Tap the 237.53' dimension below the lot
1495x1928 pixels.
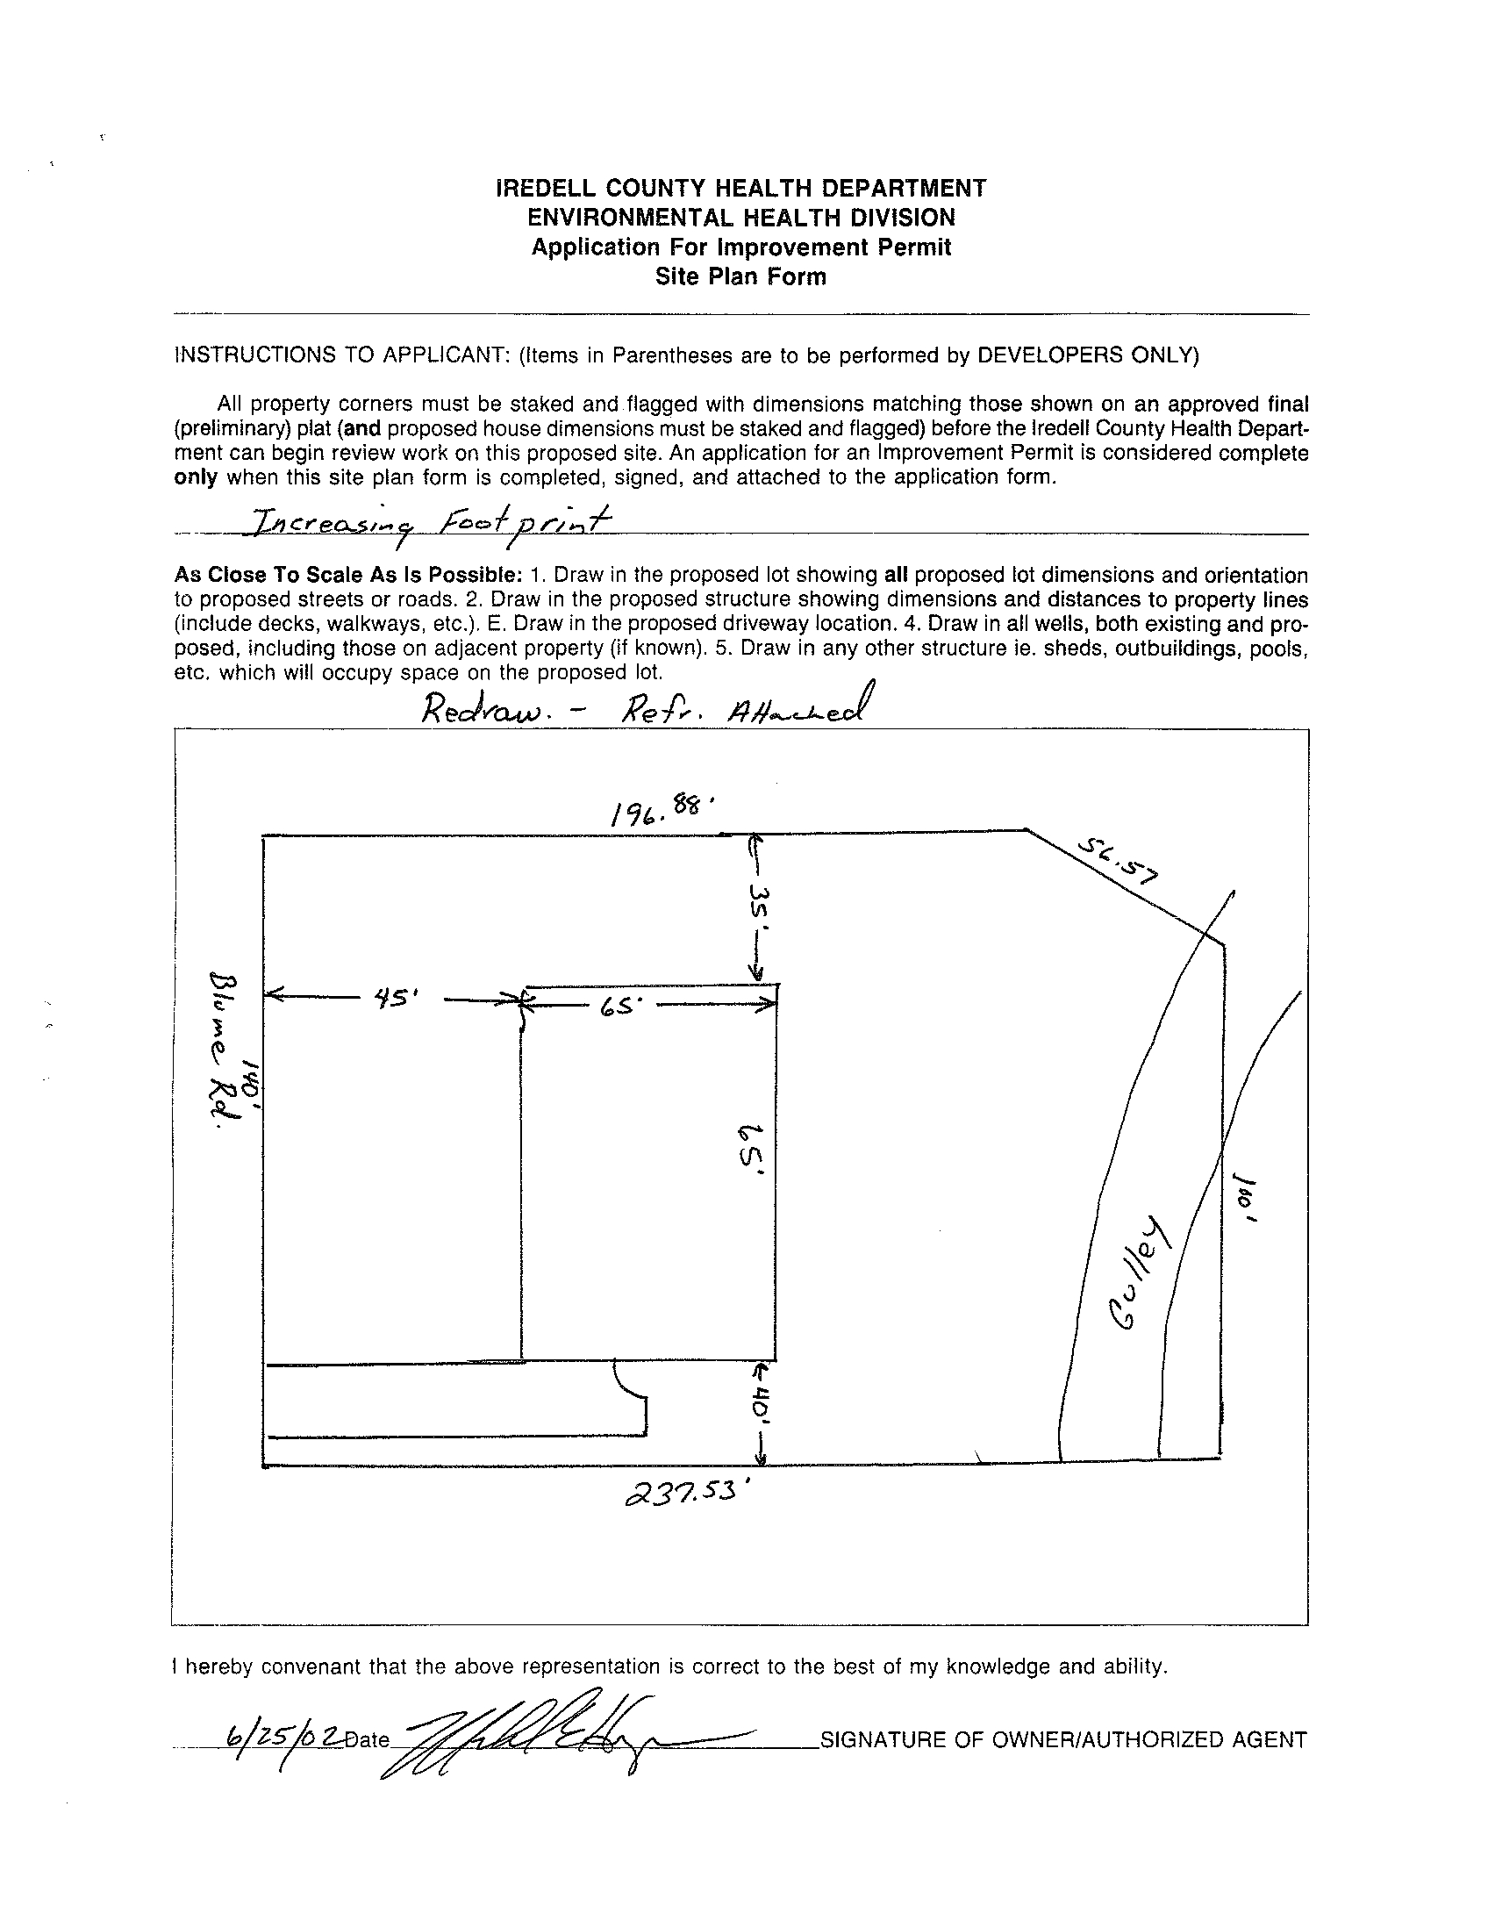(692, 1491)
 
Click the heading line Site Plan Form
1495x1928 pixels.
(740, 277)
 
